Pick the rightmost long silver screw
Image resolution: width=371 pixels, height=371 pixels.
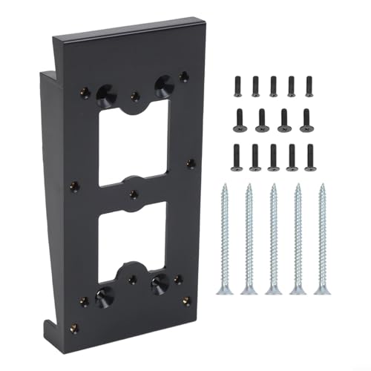pyautogui.click(x=324, y=237)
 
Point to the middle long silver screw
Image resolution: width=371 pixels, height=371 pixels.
pyautogui.click(x=274, y=237)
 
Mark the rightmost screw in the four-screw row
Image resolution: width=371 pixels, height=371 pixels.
pyautogui.click(x=306, y=119)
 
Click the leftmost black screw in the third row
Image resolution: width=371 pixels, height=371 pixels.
pyautogui.click(x=237, y=156)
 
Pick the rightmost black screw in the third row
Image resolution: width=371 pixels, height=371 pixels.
pyautogui.click(x=310, y=156)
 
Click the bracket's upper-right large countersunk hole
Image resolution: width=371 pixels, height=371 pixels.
pyautogui.click(x=160, y=84)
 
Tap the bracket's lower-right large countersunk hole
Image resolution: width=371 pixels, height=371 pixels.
pyautogui.click(x=158, y=283)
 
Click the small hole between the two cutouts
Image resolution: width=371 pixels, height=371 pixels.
pyautogui.click(x=133, y=194)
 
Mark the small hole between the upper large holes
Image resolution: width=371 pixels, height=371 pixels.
pyautogui.click(x=134, y=95)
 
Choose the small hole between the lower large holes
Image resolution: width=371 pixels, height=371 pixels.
pyautogui.click(x=132, y=279)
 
